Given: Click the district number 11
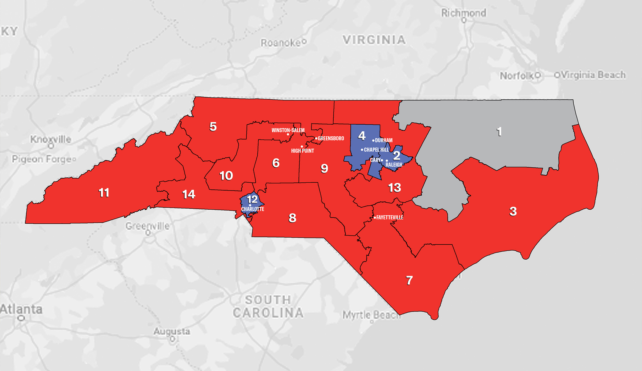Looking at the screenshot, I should tap(104, 193).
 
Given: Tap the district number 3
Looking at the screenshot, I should tap(513, 211).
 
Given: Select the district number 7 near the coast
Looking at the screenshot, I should tap(409, 280).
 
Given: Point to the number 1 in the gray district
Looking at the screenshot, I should tap(499, 132).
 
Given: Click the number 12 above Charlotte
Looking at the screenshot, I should tap(252, 200).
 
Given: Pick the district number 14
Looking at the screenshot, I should tap(188, 194).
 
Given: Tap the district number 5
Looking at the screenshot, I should tap(213, 127).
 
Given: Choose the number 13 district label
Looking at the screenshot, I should tap(394, 187).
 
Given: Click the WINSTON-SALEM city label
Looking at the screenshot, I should tap(288, 130).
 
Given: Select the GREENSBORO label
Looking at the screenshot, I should tap(331, 138).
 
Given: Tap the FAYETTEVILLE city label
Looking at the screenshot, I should tap(389, 217).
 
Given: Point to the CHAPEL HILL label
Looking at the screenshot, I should tap(376, 150).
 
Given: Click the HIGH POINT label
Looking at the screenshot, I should tap(302, 151).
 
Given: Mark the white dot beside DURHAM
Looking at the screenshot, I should tap(373, 140).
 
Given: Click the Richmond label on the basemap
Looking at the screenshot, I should tap(464, 13).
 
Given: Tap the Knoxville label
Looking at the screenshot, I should tap(51, 139).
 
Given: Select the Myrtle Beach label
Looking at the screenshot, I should tap(371, 315).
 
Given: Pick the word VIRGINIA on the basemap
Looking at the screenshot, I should tap(374, 40).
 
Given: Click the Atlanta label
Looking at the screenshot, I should tap(21, 309).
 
